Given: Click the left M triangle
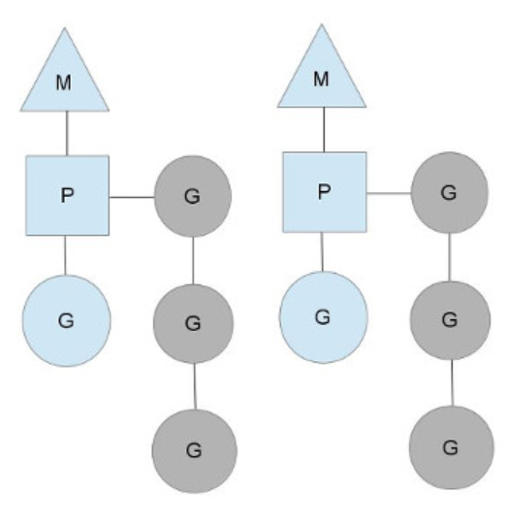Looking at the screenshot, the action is tap(65, 81).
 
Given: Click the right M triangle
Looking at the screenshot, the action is tap(322, 78).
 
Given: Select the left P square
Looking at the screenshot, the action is tap(67, 196).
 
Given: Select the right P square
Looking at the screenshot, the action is tap(325, 192).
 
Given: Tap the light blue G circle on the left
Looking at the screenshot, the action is tap(66, 320).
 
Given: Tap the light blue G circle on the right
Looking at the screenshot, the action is tap(324, 317).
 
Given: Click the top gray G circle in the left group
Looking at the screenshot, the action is tap(193, 196).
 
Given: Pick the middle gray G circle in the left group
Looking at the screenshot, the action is tap(193, 324).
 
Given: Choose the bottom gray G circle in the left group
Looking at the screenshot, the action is tap(194, 451).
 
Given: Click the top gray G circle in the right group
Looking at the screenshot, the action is tap(450, 192).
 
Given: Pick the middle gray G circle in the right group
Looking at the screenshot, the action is tap(451, 320).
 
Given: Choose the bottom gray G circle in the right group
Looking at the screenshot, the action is tap(452, 447).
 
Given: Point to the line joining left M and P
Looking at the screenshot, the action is tap(67, 133).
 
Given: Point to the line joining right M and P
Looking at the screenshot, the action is tap(324, 130).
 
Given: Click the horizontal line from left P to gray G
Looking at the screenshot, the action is tap(132, 197).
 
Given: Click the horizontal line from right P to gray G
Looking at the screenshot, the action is tap(389, 193).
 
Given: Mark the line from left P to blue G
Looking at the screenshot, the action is tap(65, 255).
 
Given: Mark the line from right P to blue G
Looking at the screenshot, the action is tap(323, 252).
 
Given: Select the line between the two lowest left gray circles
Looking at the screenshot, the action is tap(195, 386).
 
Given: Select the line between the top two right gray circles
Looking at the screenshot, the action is tap(450, 257).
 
